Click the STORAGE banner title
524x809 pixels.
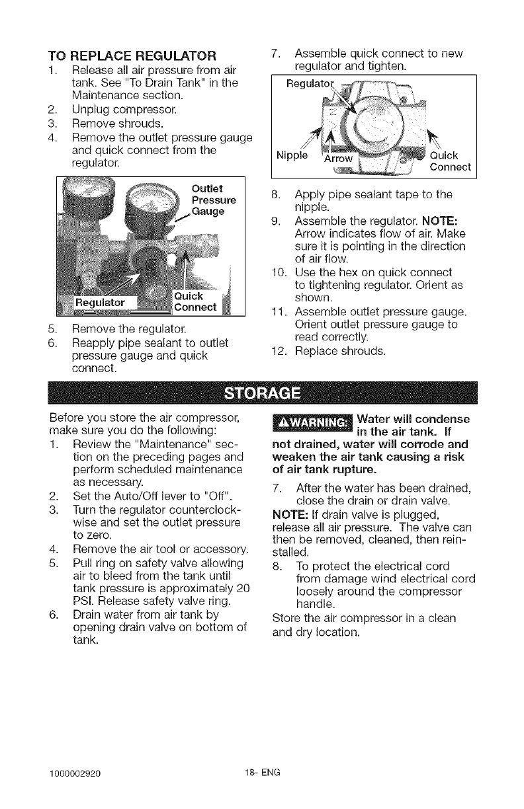coord(263,395)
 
